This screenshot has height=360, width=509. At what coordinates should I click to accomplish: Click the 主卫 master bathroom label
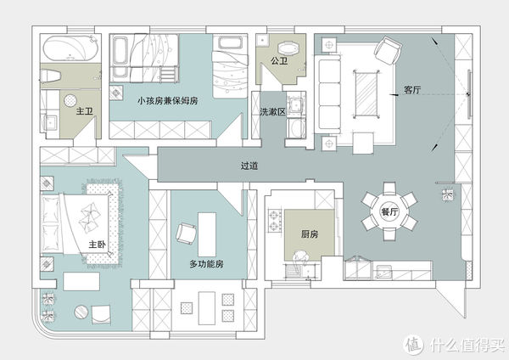tap(85, 110)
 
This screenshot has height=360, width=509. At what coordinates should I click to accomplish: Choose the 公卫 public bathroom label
tap(280, 62)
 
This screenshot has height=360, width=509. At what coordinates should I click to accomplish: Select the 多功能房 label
tap(206, 264)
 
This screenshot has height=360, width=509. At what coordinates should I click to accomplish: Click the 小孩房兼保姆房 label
tap(167, 100)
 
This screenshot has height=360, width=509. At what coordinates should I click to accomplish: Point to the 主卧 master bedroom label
tap(98, 245)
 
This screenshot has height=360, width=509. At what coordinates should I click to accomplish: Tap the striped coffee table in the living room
tap(366, 92)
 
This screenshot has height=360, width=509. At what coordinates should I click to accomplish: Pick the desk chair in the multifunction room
tap(185, 232)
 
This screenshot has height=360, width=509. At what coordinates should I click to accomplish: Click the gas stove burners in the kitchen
tap(275, 222)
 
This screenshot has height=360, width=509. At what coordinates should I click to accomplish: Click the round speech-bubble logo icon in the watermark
tap(413, 345)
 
